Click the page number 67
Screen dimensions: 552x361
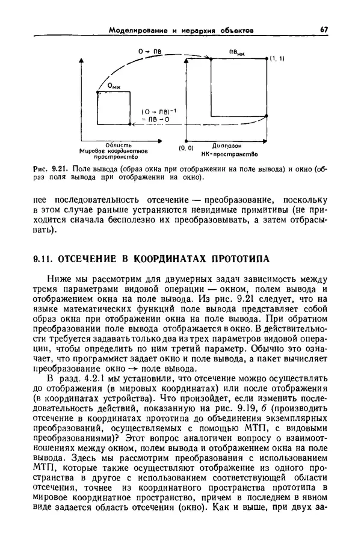click(324, 29)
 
